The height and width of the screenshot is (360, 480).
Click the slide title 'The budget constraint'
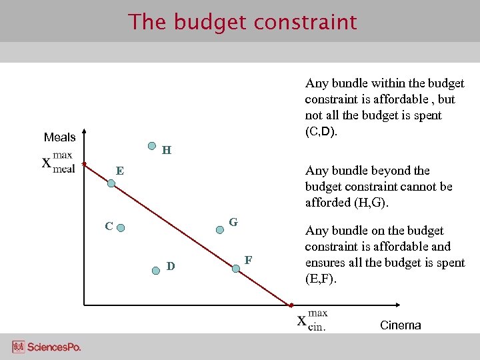pos(243,22)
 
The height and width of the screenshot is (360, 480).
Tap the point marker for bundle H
pos(153,145)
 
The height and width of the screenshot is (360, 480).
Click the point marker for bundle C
pos(121,228)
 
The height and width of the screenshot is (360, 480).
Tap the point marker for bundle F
pos(235,268)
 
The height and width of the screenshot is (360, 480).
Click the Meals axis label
pos(59,137)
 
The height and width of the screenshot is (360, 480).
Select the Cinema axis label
pos(400,325)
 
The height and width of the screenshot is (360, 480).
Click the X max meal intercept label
pos(58,162)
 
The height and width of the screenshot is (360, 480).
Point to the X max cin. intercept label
pos(312,320)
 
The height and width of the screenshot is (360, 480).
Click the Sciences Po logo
pos(46,347)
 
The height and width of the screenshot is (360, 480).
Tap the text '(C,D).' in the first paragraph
pos(321,131)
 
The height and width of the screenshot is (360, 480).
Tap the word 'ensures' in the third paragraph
pos(325,263)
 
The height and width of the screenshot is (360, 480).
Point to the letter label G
pos(233,221)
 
